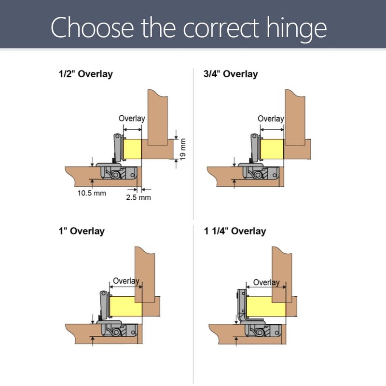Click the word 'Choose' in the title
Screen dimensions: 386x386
92,28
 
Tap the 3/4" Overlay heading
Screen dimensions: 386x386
231,74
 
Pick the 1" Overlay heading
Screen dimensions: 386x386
81,231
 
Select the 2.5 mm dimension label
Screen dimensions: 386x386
138,198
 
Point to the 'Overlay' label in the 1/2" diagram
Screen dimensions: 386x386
132,118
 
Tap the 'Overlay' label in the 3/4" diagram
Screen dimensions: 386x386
271,118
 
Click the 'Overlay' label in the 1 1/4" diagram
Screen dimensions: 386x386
266,282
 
